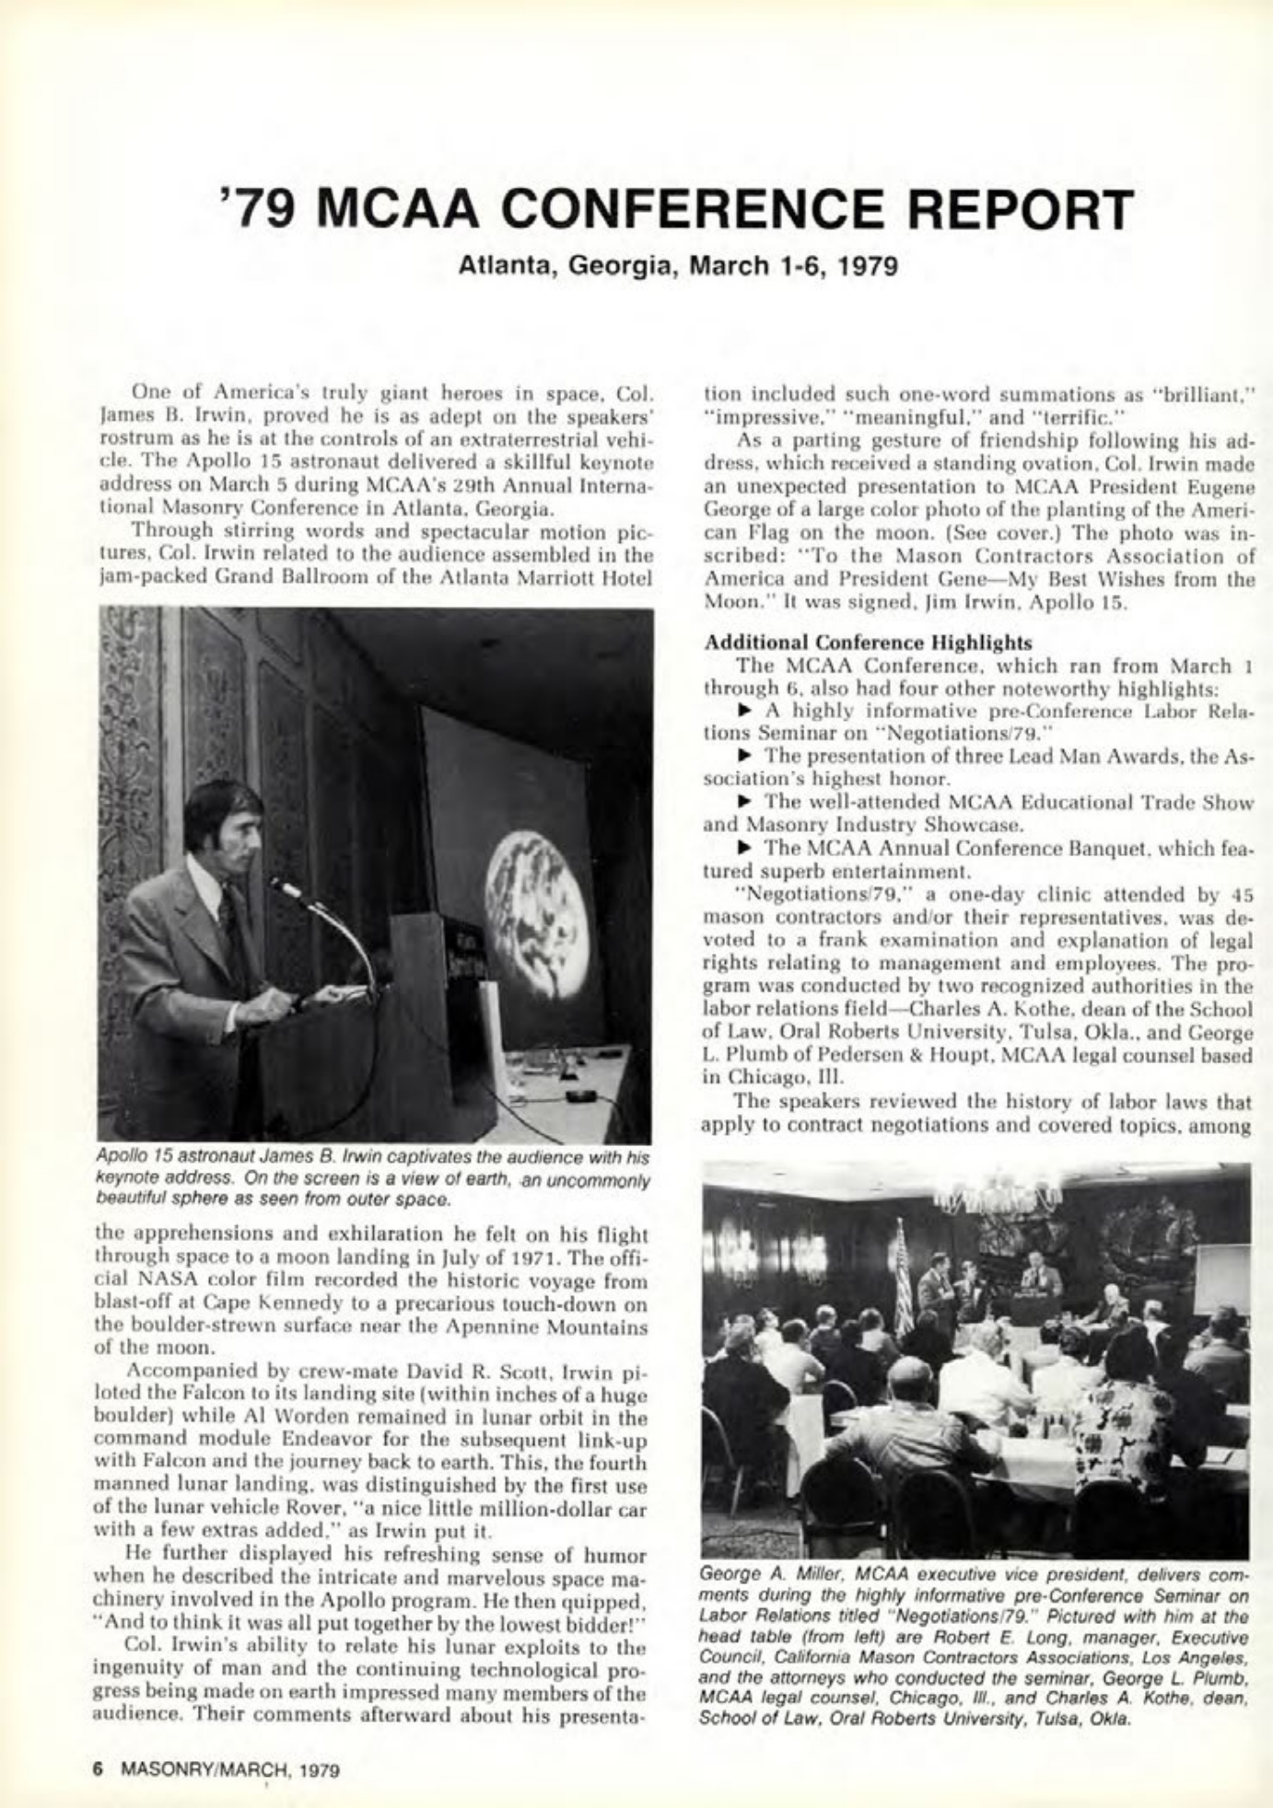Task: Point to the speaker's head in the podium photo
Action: pos(221,822)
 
